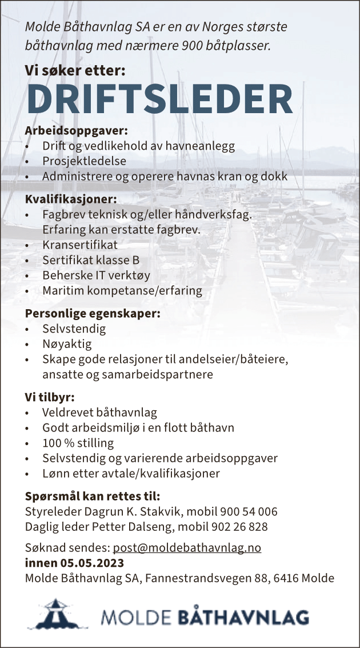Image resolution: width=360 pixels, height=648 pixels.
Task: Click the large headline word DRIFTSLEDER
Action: coord(159,99)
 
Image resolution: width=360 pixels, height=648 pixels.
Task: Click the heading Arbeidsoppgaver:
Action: coord(77,131)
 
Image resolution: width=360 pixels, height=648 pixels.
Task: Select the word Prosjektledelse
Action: coord(84,162)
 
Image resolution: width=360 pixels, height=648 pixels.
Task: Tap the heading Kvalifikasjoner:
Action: coord(71,199)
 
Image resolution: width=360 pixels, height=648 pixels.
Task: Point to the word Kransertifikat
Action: coord(80,245)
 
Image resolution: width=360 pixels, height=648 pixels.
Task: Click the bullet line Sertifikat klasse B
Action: coord(91,260)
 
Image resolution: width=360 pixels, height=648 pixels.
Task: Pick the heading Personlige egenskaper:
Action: coord(93,313)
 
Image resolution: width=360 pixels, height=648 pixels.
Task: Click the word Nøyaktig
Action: coord(67,344)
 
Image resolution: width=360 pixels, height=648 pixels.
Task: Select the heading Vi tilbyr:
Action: coord(50,397)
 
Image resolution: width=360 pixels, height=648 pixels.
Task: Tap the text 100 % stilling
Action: coord(78,443)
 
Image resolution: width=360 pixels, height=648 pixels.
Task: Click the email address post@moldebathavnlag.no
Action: coord(187,547)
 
